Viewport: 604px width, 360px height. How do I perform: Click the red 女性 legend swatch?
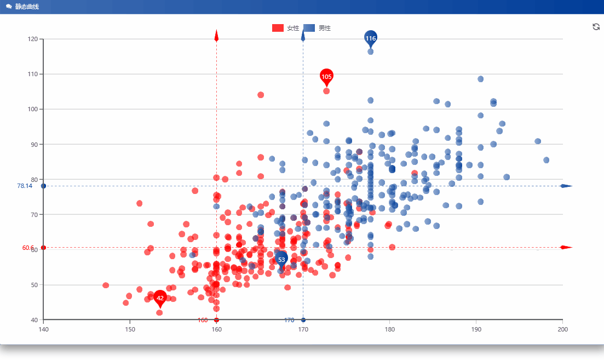(278, 28)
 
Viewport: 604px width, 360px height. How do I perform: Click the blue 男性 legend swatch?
(309, 28)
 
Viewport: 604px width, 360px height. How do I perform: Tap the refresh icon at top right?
(596, 27)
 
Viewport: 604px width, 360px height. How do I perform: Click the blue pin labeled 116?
(371, 38)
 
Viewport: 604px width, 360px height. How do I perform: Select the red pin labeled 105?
(326, 77)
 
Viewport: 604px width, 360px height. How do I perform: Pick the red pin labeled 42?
(160, 298)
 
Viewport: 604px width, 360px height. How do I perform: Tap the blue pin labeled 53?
(281, 259)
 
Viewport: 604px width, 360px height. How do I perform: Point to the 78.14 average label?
(25, 186)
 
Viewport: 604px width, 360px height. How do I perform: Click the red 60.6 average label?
(28, 248)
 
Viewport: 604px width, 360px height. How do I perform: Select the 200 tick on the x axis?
(562, 329)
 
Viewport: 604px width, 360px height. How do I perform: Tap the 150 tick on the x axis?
(130, 329)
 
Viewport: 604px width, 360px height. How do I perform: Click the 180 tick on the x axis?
(389, 329)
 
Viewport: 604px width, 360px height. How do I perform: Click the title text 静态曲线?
(27, 7)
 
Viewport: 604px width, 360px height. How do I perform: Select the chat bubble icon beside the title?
(9, 7)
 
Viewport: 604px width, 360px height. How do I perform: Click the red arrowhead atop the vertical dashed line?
(216, 36)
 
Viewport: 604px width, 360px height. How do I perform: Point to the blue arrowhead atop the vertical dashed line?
(303, 36)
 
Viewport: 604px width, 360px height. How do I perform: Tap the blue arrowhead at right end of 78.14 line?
(566, 186)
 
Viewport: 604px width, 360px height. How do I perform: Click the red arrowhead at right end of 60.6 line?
(566, 247)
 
